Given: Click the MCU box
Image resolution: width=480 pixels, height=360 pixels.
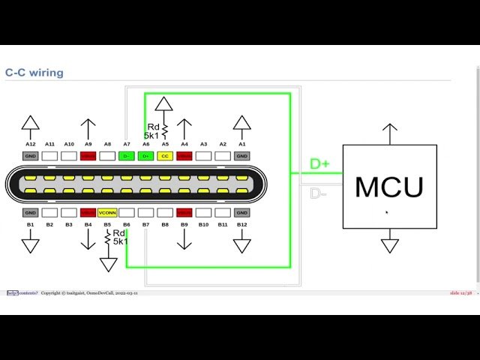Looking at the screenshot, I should click(x=389, y=186).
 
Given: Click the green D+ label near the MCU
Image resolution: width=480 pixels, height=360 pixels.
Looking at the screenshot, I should click(x=319, y=164).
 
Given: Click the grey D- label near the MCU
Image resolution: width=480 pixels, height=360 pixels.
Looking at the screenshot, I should click(x=319, y=193).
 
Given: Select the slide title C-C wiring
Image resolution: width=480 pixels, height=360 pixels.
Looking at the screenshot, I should click(x=34, y=73).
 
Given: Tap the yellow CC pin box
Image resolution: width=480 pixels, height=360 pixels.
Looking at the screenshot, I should click(x=165, y=156).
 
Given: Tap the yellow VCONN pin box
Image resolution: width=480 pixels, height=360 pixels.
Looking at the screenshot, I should click(x=107, y=213).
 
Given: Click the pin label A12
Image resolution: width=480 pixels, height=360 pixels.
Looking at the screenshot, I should click(x=30, y=144).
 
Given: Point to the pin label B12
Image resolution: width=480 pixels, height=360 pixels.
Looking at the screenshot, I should click(x=241, y=224).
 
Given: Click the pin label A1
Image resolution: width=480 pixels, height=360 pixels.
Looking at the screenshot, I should click(x=241, y=144).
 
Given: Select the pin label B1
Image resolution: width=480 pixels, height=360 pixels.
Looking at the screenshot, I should click(x=30, y=224).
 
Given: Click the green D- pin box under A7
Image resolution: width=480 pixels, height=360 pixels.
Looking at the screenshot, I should click(x=127, y=156).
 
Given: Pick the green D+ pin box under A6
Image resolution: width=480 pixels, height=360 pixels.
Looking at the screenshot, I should click(x=145, y=156).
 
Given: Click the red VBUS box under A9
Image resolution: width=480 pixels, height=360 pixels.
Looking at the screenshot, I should click(x=88, y=156).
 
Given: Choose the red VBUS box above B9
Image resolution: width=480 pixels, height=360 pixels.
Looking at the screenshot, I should click(x=184, y=213).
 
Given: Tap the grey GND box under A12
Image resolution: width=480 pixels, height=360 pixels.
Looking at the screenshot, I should click(x=30, y=156).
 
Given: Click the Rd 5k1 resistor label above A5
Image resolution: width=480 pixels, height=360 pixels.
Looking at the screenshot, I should click(x=152, y=131).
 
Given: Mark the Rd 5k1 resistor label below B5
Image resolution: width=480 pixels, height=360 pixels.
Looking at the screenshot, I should click(x=121, y=237).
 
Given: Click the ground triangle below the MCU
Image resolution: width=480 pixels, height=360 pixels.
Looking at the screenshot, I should click(x=389, y=245).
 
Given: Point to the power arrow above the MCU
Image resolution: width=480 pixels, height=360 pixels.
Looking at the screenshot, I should click(x=389, y=132).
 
